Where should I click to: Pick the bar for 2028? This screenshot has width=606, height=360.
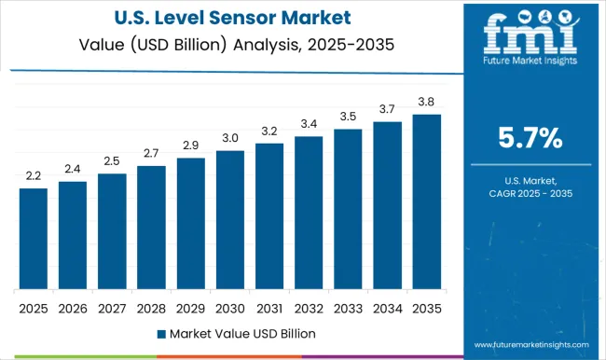151,228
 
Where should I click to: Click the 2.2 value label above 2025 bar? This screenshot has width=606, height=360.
33,176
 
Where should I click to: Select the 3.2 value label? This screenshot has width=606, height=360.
269,132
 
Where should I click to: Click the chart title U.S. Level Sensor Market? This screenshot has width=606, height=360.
232,17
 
